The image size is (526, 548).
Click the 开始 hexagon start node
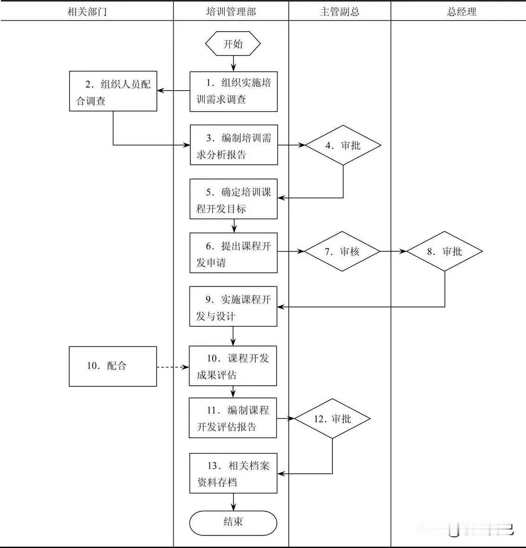pyautogui.click(x=233, y=44)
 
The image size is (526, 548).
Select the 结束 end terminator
pyautogui.click(x=233, y=522)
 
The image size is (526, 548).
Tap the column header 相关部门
pyautogui.click(x=87, y=12)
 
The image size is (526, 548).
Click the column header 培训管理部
pyautogui.click(x=231, y=12)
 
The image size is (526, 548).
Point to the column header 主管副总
pyautogui.click(x=339, y=12)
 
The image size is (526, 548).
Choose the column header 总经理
pyautogui.click(x=461, y=12)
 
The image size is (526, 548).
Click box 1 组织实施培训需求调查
pyautogui.click(x=234, y=92)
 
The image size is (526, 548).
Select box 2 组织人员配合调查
pyautogui.click(x=113, y=92)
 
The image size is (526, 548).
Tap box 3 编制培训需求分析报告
pyautogui.click(x=234, y=145)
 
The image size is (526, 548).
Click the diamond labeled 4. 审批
pyautogui.click(x=343, y=145)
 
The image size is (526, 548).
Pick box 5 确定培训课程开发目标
pyautogui.click(x=234, y=199)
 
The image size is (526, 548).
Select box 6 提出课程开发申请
pyautogui.click(x=234, y=253)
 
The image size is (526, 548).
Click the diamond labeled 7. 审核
pyautogui.click(x=343, y=251)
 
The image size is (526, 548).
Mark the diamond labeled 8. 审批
pyautogui.click(x=445, y=251)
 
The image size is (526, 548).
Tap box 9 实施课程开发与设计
pyautogui.click(x=233, y=307)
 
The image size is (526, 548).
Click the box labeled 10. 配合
pyautogui.click(x=113, y=366)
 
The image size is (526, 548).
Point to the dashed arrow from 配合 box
pyautogui.click(x=173, y=367)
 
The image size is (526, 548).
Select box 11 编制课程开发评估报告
pyautogui.click(x=233, y=418)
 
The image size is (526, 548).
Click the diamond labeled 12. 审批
pyautogui.click(x=332, y=419)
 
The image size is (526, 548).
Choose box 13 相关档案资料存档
pyautogui.click(x=233, y=473)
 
